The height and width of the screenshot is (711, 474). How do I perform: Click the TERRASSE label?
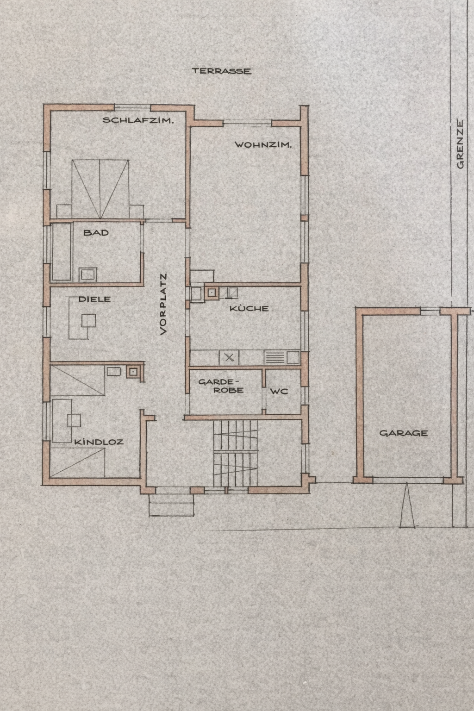pos(222,71)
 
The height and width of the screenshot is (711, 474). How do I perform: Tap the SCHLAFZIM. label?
pos(138,120)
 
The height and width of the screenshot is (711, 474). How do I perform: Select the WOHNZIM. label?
pos(263,145)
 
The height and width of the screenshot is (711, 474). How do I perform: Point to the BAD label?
pos(96,233)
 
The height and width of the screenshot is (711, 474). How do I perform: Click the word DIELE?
pos(94,299)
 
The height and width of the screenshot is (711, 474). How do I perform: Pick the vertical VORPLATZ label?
pos(163,304)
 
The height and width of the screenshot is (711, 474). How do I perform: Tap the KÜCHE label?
pos(249,308)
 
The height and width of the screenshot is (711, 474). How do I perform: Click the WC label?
pos(279,391)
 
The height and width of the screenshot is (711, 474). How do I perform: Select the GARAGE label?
pos(404,433)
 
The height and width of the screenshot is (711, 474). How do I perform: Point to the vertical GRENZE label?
pos(460,144)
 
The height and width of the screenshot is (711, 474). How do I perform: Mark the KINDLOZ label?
pos(99,442)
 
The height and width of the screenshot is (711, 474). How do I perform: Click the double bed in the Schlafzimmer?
pos(100,189)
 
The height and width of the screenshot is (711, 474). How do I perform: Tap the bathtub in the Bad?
pos(62,252)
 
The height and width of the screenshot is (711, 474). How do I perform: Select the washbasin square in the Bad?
pos(87,274)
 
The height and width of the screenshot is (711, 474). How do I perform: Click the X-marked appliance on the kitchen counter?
pos(229,358)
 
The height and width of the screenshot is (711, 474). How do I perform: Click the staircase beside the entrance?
pos(235,453)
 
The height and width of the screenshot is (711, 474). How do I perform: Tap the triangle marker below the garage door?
pos(407,505)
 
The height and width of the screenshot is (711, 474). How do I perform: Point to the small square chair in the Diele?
pos(88,321)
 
